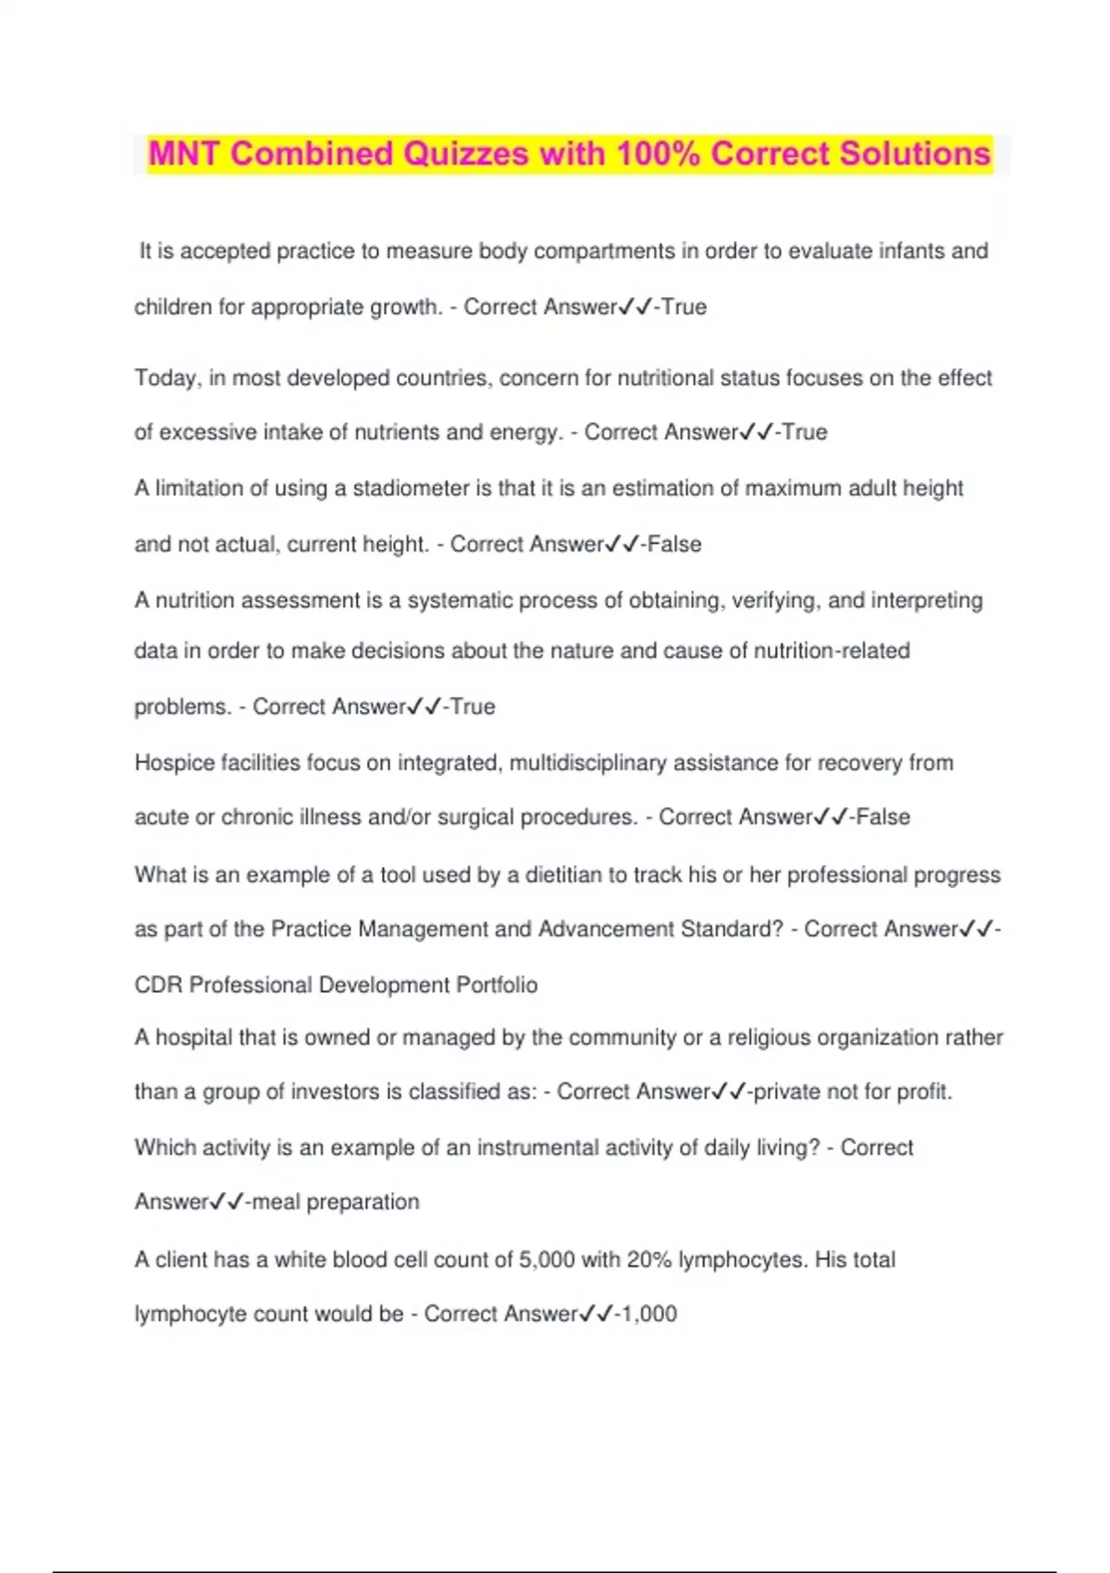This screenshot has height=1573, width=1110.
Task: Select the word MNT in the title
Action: tap(183, 154)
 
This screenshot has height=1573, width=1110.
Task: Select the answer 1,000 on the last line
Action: tap(648, 1314)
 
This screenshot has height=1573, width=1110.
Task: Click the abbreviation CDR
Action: tap(158, 985)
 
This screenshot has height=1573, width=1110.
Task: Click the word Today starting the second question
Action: tap(167, 378)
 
